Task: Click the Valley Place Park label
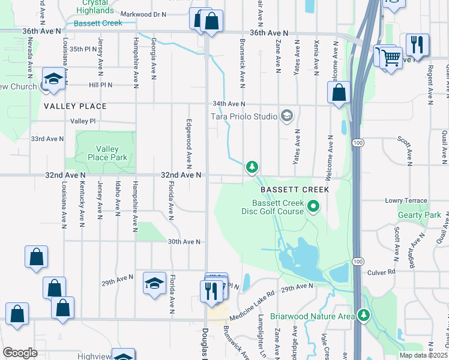click(107, 154)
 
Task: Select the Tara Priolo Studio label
click(243, 116)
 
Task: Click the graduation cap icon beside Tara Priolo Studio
click(287, 116)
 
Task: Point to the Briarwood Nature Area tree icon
click(363, 315)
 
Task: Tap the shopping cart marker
click(391, 59)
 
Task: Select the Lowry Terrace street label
click(406, 201)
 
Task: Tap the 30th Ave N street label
click(184, 242)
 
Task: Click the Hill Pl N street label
click(101, 85)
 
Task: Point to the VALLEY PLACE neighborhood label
click(75, 106)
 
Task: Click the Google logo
click(20, 352)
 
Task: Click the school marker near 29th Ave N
click(154, 283)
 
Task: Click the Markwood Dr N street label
click(143, 14)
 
